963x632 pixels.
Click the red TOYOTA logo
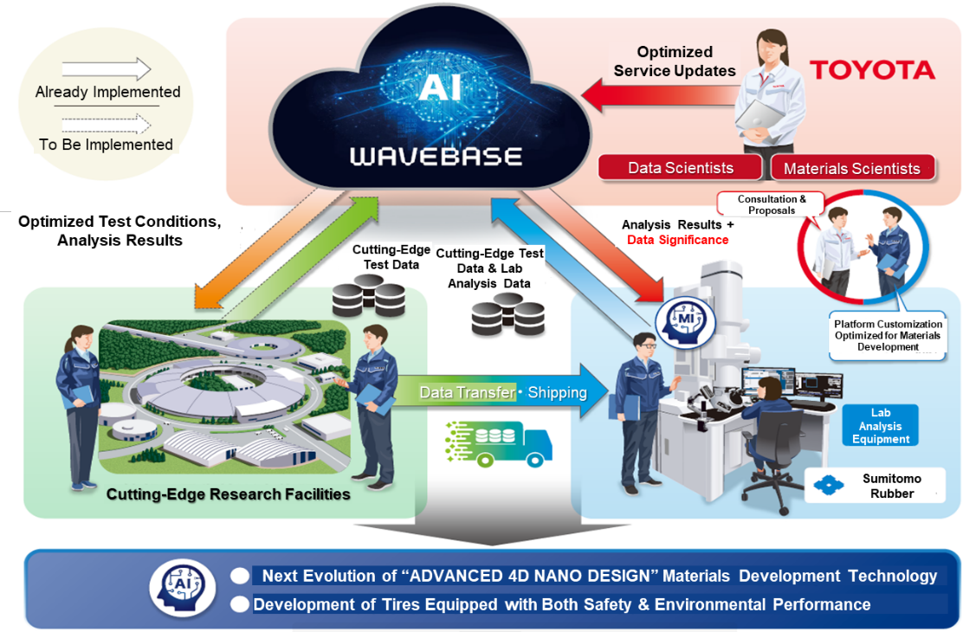872,70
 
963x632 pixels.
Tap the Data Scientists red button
681,168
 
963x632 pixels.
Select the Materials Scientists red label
852,168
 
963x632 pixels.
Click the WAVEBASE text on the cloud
436,157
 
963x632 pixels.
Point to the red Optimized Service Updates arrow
660,95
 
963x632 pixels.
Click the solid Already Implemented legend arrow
107,68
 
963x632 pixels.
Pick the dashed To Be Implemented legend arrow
107,125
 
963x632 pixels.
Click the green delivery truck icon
499,443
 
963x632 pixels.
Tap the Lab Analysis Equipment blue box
880,425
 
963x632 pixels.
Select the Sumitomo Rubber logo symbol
829,486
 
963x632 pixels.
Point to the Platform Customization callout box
888,335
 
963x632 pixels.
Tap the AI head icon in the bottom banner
182,587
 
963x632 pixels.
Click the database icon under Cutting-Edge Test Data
369,295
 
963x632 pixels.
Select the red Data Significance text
677,240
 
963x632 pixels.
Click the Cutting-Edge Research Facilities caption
228,493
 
